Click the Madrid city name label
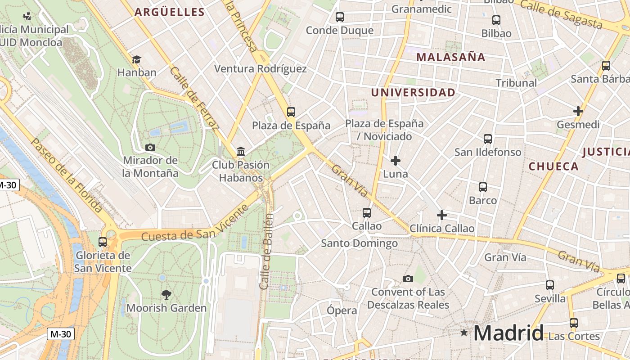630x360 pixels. (508, 333)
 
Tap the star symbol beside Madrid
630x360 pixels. (464, 333)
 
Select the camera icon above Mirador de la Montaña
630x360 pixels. (150, 147)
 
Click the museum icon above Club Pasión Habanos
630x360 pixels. (241, 151)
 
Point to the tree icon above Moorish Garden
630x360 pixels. (166, 295)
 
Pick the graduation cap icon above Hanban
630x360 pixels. (136, 59)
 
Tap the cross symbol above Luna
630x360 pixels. (396, 161)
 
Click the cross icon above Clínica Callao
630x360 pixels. (442, 215)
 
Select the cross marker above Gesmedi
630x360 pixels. (578, 111)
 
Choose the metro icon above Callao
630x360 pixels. (367, 213)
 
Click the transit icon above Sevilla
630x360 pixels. (550, 285)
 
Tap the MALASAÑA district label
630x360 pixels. (450, 57)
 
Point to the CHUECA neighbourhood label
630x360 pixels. (553, 166)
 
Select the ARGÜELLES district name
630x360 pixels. (170, 12)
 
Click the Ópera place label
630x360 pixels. (342, 310)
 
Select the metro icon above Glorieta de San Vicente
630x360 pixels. (103, 242)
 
